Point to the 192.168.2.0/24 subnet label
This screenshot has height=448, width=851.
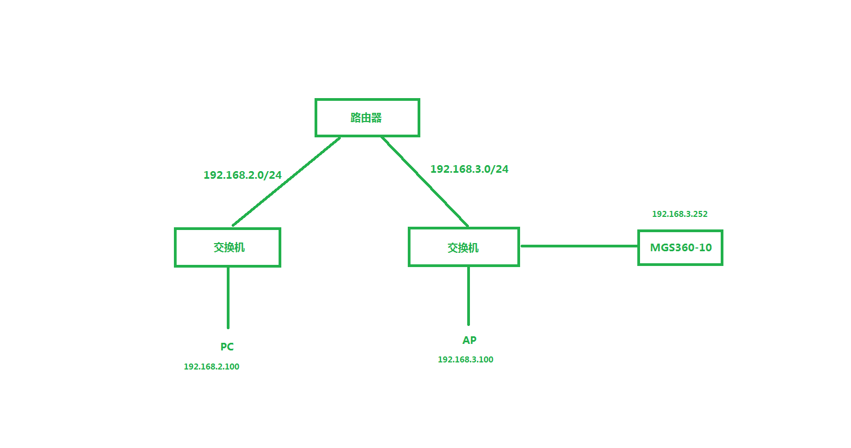pyautogui.click(x=243, y=175)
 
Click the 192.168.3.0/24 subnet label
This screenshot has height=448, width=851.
pyautogui.click(x=469, y=169)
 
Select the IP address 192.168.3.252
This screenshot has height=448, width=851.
pyautogui.click(x=679, y=214)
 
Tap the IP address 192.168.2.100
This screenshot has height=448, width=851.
pyautogui.click(x=212, y=367)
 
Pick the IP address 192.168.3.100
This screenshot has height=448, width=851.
pyautogui.click(x=466, y=360)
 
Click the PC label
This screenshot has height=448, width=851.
pyautogui.click(x=227, y=347)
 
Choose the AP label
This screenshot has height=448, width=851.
pyautogui.click(x=469, y=340)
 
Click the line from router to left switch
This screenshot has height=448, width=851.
pyautogui.click(x=286, y=181)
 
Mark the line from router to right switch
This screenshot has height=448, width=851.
pyautogui.click(x=425, y=181)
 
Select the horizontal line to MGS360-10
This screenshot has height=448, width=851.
pyautogui.click(x=579, y=246)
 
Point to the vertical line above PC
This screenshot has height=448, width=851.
pyautogui.click(x=228, y=297)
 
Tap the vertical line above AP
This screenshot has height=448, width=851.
pyautogui.click(x=468, y=295)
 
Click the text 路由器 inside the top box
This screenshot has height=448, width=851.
pyautogui.click(x=366, y=117)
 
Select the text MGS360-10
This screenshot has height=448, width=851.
pyautogui.click(x=681, y=247)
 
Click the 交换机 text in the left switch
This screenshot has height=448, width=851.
pyautogui.click(x=229, y=247)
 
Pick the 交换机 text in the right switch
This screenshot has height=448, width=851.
pyautogui.click(x=463, y=247)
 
